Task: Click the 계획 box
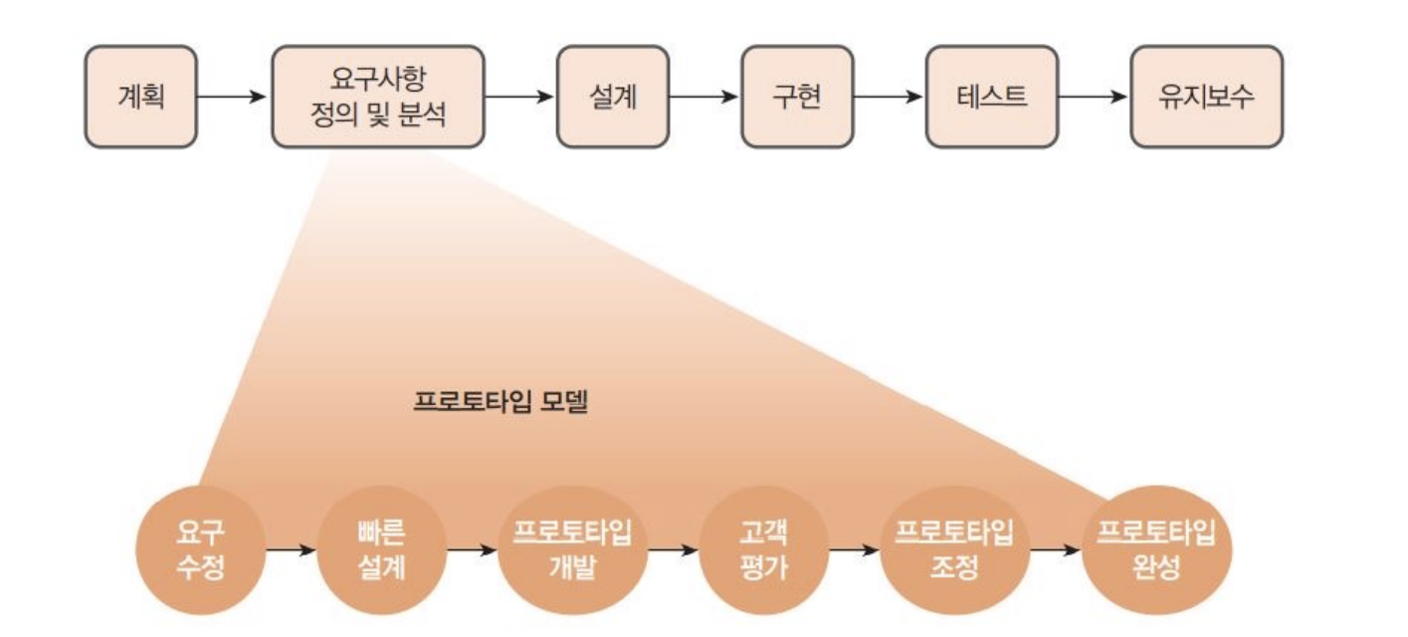click(140, 97)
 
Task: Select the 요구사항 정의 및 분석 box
click(378, 97)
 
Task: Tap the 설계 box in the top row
click(613, 97)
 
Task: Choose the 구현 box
click(797, 97)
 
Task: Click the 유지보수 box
click(1206, 97)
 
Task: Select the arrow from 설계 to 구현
click(704, 97)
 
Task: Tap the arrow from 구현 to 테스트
click(890, 97)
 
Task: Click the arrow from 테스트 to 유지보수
click(1093, 97)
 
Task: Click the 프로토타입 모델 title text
click(502, 403)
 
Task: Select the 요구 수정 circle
click(200, 550)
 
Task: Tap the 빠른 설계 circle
click(382, 550)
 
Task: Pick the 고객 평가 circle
click(764, 550)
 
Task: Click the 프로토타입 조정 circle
click(954, 550)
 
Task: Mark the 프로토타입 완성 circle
click(1156, 550)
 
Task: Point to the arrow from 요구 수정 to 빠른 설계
click(291, 550)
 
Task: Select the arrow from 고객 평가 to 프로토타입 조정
click(855, 550)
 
